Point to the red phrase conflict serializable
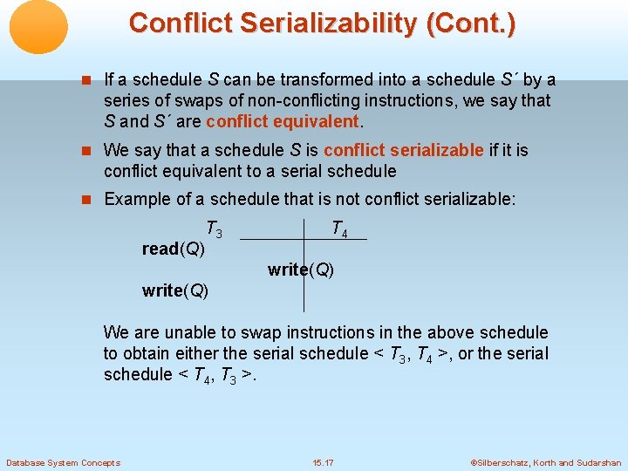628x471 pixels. click(x=403, y=150)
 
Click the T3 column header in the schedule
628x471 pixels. click(x=214, y=230)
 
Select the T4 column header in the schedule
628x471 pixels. click(x=339, y=230)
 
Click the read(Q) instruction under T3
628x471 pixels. click(x=174, y=249)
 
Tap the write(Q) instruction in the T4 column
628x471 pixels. click(x=301, y=270)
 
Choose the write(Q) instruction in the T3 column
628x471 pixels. click(x=175, y=290)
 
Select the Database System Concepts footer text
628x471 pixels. click(x=63, y=462)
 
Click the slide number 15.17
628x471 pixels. click(x=323, y=462)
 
